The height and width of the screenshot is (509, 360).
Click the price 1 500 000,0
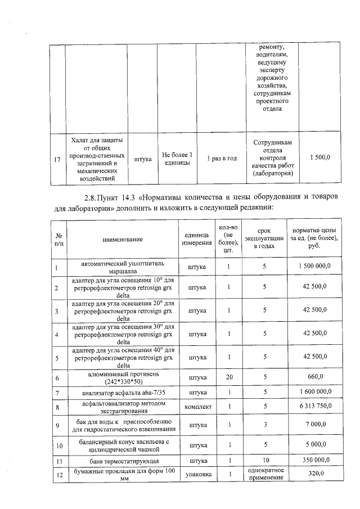click(x=313, y=266)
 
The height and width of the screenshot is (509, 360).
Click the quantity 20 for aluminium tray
click(x=229, y=377)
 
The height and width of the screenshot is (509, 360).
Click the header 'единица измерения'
click(x=197, y=240)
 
